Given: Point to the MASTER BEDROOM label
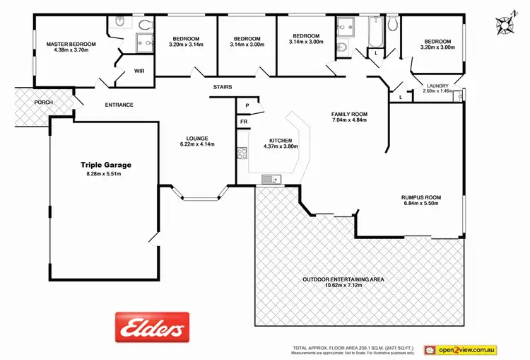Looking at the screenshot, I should coord(71,45).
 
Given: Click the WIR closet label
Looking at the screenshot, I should coord(139,71).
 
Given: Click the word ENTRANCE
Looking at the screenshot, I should coord(119,105).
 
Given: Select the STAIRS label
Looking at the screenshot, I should coord(223,87).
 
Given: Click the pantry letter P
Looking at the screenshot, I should coord(247,105).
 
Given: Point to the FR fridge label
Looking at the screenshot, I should coord(244,122).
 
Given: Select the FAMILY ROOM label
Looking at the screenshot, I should coord(350,114).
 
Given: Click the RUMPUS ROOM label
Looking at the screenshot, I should coord(420,198).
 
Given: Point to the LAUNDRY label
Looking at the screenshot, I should coord(437,85).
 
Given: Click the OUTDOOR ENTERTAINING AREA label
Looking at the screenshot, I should coord(343,279).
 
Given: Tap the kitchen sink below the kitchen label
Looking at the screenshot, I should coord(271,180).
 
